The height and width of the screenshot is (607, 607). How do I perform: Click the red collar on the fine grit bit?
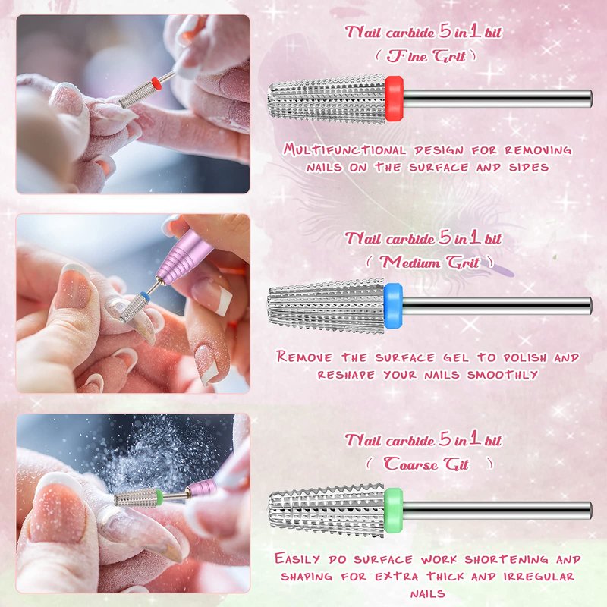tap(394, 99)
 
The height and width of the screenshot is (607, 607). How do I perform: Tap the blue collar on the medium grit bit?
tap(393, 306)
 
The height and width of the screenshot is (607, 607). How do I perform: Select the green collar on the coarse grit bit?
tap(394, 510)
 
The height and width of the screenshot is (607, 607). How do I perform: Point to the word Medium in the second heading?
tap(410, 263)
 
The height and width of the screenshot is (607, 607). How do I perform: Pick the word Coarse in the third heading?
tap(410, 464)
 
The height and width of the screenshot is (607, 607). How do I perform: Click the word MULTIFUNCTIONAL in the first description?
tap(344, 149)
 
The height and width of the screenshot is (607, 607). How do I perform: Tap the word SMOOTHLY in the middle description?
tap(502, 375)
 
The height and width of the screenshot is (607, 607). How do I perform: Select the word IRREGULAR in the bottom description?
tap(539, 577)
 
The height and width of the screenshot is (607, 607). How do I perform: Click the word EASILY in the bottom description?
tap(297, 559)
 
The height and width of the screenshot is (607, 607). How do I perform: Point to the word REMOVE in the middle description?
tap(304, 357)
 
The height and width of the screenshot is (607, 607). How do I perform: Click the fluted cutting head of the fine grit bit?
tap(326, 99)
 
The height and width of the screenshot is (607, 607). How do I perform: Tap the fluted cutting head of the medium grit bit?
tap(326, 306)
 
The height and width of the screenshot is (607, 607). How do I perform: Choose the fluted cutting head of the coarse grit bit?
tap(327, 511)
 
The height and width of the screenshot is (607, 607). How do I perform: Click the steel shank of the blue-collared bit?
tap(497, 306)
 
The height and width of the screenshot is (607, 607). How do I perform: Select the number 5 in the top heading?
tap(445, 31)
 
